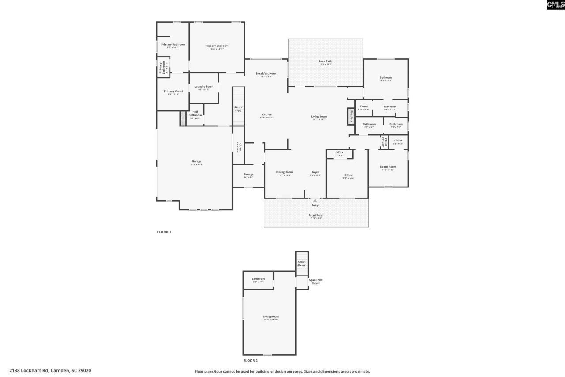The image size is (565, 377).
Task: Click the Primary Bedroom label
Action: pos(217,46)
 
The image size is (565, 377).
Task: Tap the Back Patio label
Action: pos(325,61)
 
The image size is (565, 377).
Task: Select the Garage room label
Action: pos(196,162)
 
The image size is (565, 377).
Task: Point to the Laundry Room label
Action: pos(203,87)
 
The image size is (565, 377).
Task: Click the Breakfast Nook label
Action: pos(266,74)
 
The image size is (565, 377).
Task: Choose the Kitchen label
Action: pos(266,115)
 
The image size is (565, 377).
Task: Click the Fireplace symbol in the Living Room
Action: pos(351,116)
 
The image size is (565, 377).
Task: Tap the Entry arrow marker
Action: pos(315,201)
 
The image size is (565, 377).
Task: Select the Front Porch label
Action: pos(316,216)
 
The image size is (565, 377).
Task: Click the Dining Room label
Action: pos(284,172)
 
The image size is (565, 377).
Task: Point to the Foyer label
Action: pos(315,172)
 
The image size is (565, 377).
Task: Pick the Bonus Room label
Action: pos(388,167)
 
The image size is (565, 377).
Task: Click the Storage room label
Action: pos(248,175)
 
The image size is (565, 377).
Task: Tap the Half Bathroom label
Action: pos(195,114)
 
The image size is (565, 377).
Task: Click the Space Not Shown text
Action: pos(315,281)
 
